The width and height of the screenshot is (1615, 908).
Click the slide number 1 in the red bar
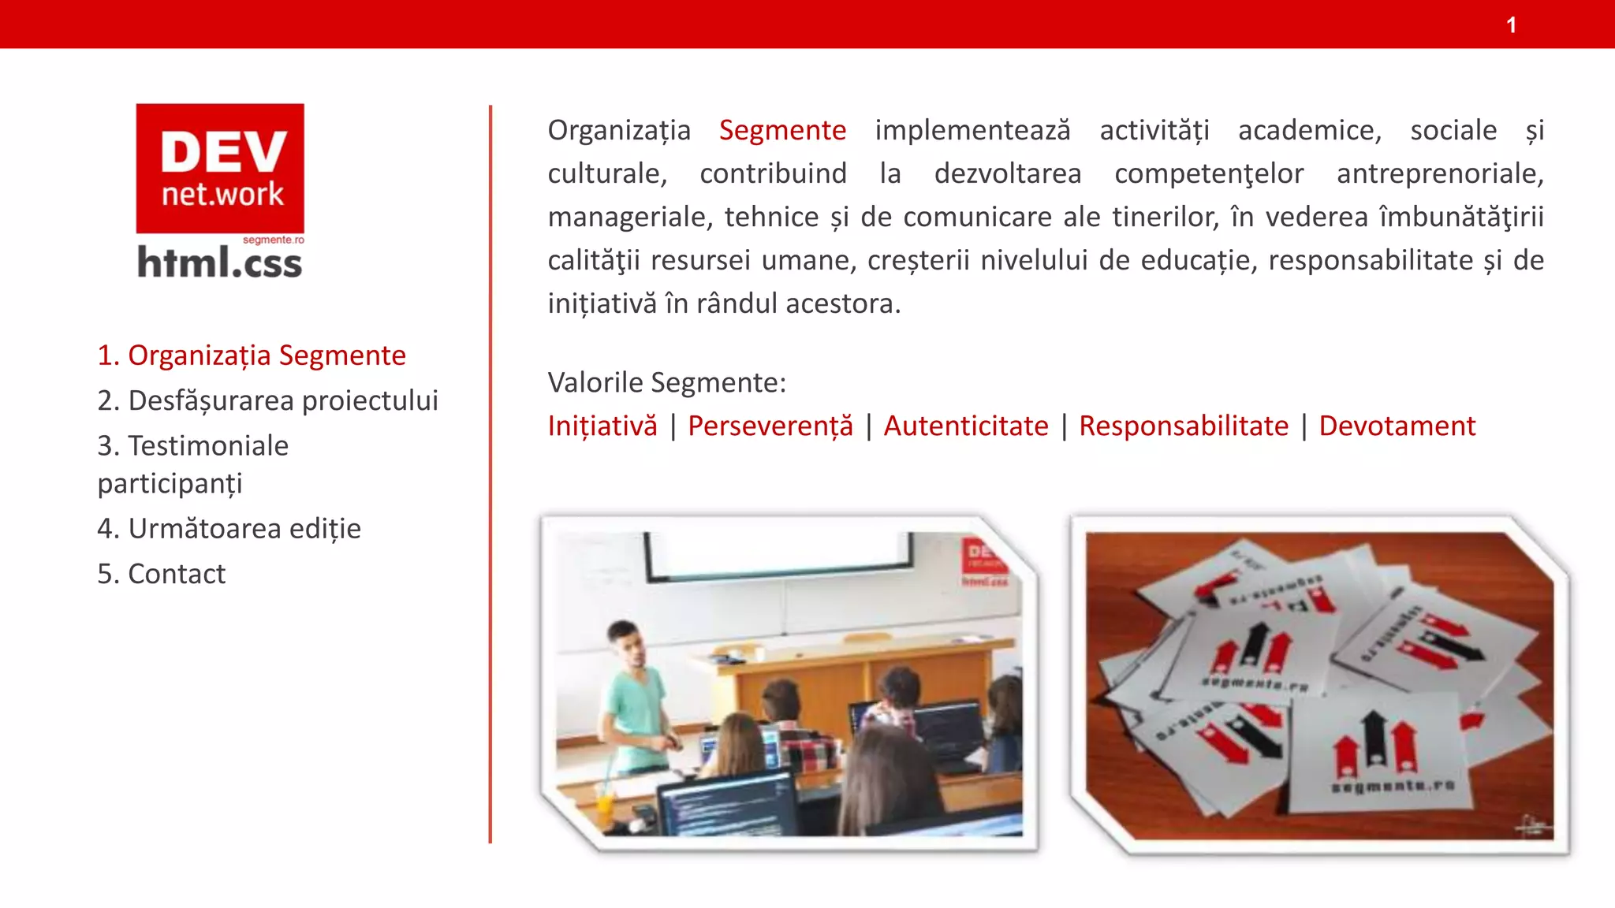[1511, 25]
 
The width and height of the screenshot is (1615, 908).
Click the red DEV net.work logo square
[220, 168]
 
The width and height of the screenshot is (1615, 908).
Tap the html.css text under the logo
[220, 263]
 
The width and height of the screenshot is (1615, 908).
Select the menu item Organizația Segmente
[252, 355]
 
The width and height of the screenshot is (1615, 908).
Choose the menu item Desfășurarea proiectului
[267, 400]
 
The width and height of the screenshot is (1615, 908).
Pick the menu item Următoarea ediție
[229, 528]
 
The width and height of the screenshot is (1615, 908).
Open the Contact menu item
[161, 574]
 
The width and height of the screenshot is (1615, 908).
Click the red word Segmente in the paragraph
[782, 130]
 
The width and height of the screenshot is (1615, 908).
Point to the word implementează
[972, 130]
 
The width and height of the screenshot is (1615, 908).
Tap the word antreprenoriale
[1439, 173]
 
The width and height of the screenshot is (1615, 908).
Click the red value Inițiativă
[602, 426]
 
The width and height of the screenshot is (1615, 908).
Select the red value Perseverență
[770, 426]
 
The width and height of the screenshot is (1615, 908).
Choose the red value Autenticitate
[966, 426]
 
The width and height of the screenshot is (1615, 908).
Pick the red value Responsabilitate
[1184, 426]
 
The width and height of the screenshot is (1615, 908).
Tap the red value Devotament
[1397, 426]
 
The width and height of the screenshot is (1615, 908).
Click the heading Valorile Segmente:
[667, 382]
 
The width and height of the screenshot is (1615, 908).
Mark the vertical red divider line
[490, 473]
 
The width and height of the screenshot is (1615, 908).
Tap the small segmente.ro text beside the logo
[273, 240]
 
